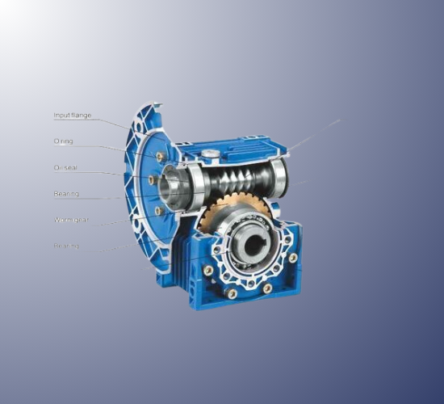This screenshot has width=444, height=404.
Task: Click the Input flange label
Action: pos(73,116)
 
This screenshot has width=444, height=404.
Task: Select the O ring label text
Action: pos(63,141)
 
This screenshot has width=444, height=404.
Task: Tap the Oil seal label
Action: pos(65,168)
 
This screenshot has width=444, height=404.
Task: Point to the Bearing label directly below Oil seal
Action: pos(66,194)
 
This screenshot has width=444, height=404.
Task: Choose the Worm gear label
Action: pos(70,219)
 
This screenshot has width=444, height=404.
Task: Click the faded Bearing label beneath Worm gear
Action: pos(66,245)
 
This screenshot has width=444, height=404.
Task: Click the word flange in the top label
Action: pos(82,116)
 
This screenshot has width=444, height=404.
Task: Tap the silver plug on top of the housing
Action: pos(211,153)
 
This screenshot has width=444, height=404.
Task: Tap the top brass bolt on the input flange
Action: pos(160,156)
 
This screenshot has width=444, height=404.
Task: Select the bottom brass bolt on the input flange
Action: pos(159,211)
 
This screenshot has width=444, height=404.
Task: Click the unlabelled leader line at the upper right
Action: pos(315,135)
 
